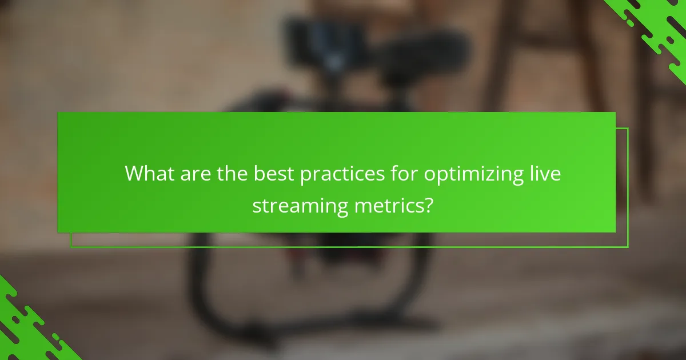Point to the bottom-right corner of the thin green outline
point(628,247)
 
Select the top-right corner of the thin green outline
point(628,129)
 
